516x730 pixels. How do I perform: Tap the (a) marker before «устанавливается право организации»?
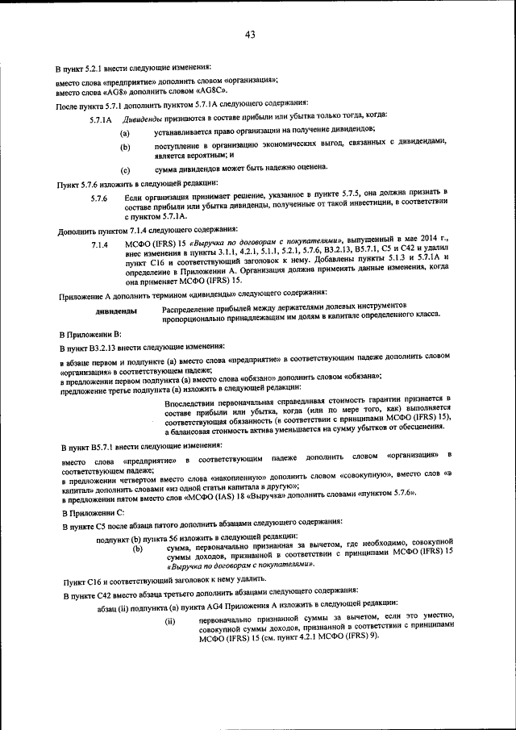tap(125, 131)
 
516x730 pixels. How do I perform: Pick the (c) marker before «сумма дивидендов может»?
tap(125, 170)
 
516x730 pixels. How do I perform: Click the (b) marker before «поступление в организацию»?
tap(125, 147)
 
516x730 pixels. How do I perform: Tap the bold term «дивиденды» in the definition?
tap(115, 311)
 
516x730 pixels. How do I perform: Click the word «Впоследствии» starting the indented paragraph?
tap(189, 401)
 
